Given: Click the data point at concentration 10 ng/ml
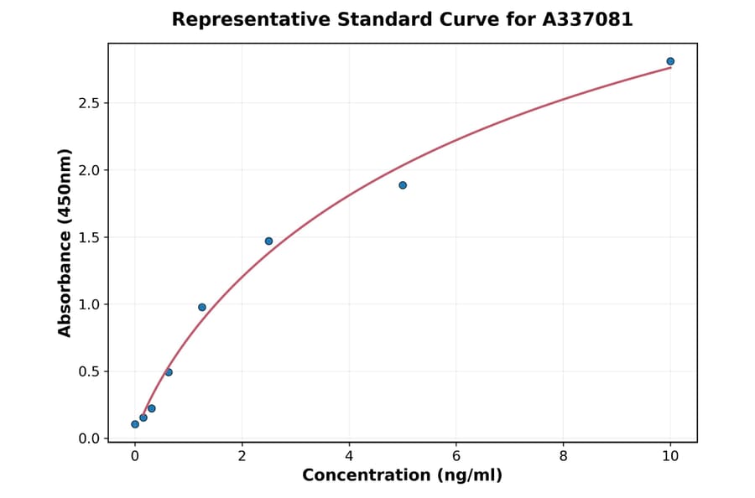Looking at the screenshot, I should pos(670,61).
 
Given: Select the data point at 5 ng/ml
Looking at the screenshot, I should pos(403,185).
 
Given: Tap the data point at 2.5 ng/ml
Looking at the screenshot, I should pos(268,241).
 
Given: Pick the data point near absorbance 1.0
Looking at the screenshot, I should pos(202,307).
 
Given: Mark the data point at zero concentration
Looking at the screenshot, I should pos(135,424).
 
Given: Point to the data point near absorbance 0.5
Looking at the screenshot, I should pos(169,372).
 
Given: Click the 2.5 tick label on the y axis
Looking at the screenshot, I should pos(88,103).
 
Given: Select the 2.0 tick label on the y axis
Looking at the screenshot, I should pos(88,170).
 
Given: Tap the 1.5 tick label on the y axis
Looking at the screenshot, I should pos(88,237).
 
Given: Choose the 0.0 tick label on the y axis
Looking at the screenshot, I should pos(88,438).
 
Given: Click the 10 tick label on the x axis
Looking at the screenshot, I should pos(670,457).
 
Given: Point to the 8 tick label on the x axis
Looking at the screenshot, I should pos(563,457).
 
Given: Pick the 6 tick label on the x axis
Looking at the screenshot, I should pos(456,457).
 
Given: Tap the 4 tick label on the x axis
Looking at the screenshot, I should pos(349,457).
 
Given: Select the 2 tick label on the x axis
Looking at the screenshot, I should pos(242,457).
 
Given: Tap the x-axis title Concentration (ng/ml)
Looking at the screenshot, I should pos(403,475).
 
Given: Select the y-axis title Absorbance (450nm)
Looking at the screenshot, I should pos(65,242).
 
